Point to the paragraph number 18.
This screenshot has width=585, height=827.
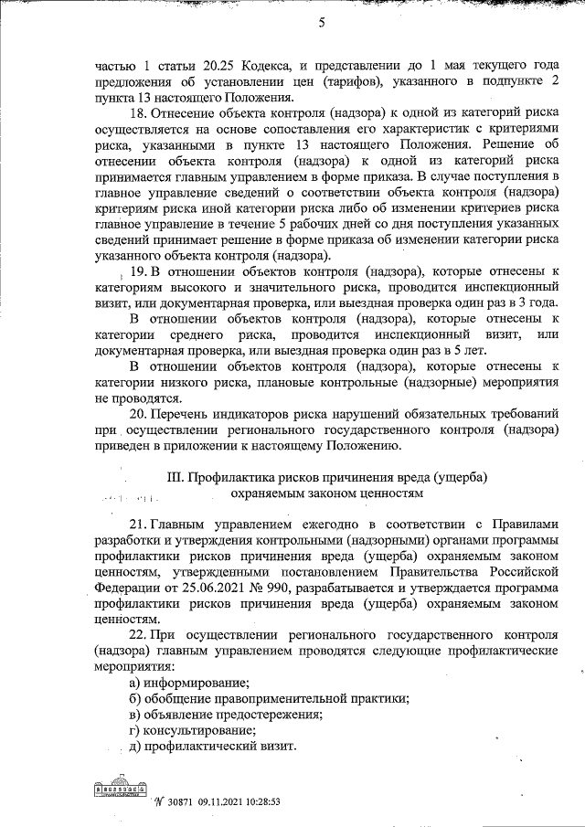[x=139, y=112]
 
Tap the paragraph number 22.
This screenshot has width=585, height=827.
[x=138, y=635]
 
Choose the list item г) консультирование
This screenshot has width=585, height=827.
[x=192, y=730]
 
